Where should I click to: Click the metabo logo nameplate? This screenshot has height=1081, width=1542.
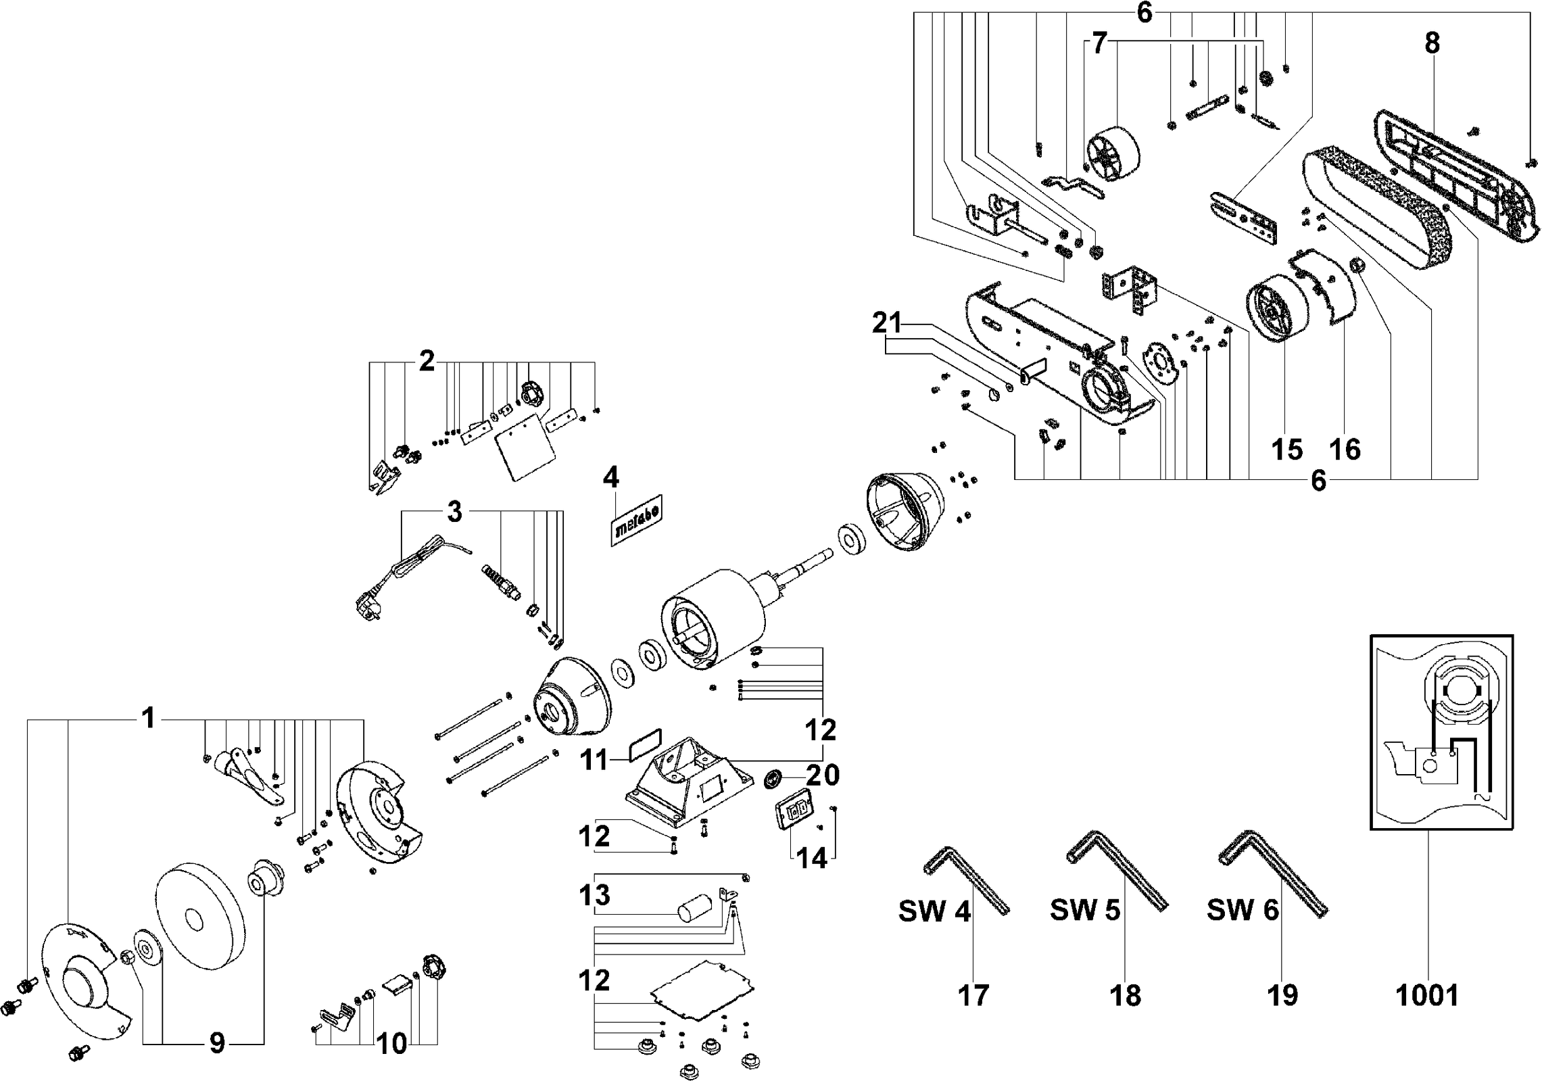(x=635, y=521)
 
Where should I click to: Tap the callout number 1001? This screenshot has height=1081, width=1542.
(x=1426, y=995)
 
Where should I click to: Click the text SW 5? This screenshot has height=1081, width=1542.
(x=1084, y=910)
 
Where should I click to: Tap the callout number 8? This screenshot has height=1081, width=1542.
(x=1432, y=43)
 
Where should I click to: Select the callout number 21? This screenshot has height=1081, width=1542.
(x=887, y=324)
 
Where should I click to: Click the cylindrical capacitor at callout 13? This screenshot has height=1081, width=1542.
(x=696, y=906)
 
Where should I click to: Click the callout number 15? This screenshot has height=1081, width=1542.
(x=1286, y=449)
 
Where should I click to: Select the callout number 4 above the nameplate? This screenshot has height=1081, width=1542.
(x=610, y=477)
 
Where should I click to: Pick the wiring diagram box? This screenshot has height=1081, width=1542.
(x=1441, y=732)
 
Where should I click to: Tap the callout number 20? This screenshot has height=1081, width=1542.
(x=823, y=775)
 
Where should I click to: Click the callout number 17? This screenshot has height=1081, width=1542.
(x=973, y=995)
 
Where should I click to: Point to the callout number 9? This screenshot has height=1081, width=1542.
(x=216, y=1043)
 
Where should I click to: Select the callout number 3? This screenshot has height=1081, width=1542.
(x=454, y=512)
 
